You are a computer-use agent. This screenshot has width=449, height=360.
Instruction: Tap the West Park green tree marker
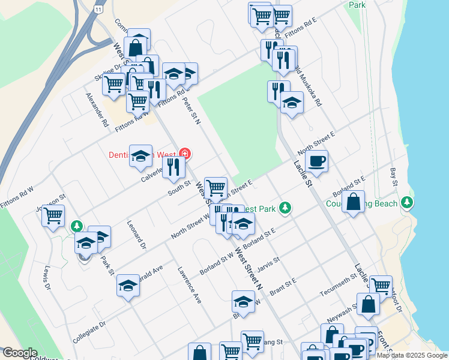click(285, 208)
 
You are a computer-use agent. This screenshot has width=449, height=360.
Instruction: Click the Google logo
click(20, 353)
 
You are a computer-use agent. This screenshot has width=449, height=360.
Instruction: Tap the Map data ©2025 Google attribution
click(411, 355)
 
